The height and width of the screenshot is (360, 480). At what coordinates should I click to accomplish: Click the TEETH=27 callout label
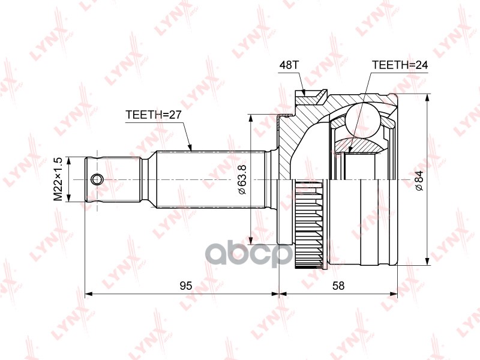tap(154, 115)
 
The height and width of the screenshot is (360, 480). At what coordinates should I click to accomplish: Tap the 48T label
tap(289, 65)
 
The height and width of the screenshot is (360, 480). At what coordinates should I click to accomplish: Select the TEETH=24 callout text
tap(400, 65)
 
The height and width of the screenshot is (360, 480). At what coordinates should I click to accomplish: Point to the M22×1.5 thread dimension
tap(58, 179)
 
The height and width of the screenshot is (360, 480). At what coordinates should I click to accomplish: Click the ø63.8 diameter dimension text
tap(242, 179)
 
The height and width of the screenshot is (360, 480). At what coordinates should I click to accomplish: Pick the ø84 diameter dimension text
tap(419, 181)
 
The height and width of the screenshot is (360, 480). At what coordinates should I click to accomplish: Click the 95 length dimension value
tap(186, 286)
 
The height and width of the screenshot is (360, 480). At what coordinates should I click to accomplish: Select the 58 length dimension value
tap(338, 286)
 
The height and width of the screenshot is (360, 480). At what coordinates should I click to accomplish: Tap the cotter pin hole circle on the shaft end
tap(97, 179)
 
